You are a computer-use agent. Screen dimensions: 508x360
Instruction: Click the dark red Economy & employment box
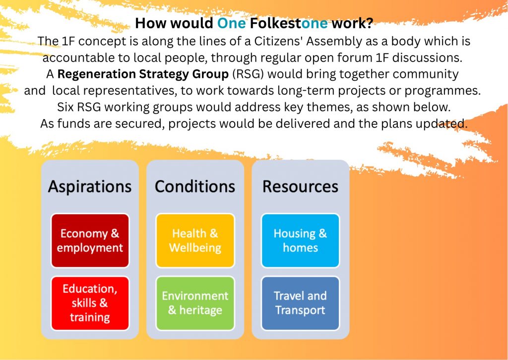pyautogui.click(x=90, y=240)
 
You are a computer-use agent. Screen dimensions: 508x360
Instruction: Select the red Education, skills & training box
pyautogui.click(x=90, y=303)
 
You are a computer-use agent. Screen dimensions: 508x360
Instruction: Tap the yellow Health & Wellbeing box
pyautogui.click(x=195, y=240)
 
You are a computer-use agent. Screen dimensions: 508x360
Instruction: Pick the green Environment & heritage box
pyautogui.click(x=195, y=303)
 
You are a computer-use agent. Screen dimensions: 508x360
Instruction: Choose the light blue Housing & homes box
pyautogui.click(x=300, y=240)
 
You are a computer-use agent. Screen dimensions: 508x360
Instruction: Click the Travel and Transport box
pyautogui.click(x=300, y=303)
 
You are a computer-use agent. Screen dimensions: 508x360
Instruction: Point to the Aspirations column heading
pyautogui.click(x=90, y=187)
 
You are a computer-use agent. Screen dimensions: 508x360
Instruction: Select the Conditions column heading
pyautogui.click(x=195, y=186)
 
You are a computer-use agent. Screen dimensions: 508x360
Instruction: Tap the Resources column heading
pyautogui.click(x=300, y=186)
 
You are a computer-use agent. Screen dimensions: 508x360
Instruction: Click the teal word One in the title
pyautogui.click(x=231, y=23)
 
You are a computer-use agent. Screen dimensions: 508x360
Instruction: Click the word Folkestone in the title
pyautogui.click(x=289, y=23)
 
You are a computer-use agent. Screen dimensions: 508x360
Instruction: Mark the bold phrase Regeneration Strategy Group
pyautogui.click(x=143, y=74)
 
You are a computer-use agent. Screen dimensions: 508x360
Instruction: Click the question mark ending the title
pyautogui.click(x=369, y=23)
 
